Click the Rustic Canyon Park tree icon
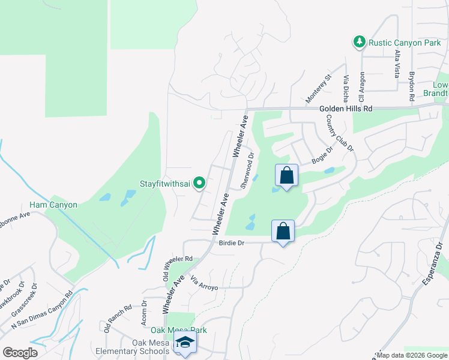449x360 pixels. [360, 41]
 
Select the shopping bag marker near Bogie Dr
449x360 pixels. [287, 176]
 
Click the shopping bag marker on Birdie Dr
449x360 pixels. [283, 231]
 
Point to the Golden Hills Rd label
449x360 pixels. [346, 109]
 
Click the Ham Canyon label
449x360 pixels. [53, 205]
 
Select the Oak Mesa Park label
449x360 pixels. [178, 330]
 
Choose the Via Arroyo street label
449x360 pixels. [204, 284]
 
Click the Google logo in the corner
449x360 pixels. [20, 352]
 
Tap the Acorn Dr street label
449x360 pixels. [144, 311]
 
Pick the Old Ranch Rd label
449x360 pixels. [118, 319]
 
